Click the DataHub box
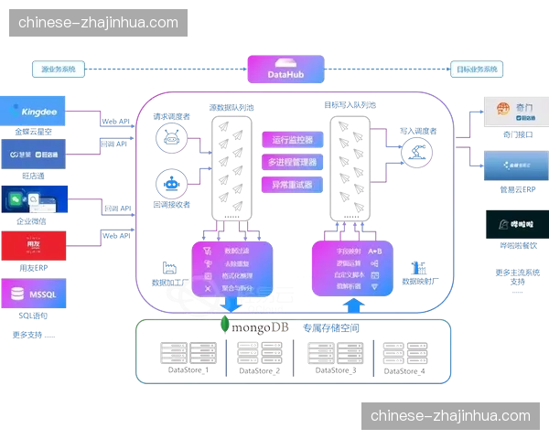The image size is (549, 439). [x=285, y=70]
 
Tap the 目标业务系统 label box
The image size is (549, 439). [x=478, y=70]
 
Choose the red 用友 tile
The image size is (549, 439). [x=35, y=245]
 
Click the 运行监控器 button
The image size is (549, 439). [x=292, y=140]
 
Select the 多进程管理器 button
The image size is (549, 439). [x=292, y=162]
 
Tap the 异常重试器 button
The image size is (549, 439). [x=292, y=184]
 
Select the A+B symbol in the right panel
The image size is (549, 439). [x=374, y=250]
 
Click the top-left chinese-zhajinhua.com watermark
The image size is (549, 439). [x=98, y=23]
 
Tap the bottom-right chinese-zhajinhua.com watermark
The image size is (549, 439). [x=450, y=416]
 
